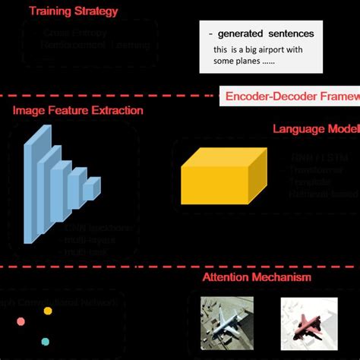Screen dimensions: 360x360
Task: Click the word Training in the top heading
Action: pyautogui.click(x=52, y=11)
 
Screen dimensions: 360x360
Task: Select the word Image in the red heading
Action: pyautogui.click(x=28, y=111)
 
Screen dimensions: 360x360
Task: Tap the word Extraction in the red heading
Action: pyautogui.click(x=116, y=111)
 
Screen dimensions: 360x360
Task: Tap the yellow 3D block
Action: pyautogui.click(x=223, y=176)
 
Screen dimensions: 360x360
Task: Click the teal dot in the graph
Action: pyautogui.click(x=45, y=342)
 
